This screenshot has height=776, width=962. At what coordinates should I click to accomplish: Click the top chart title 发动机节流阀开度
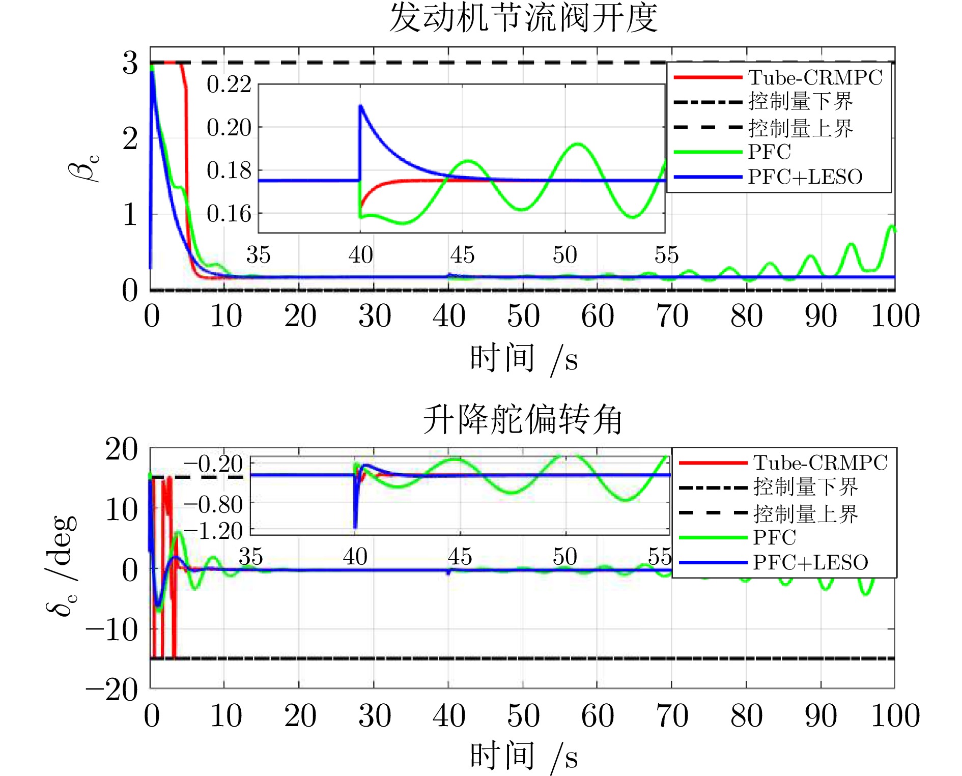[x=523, y=18]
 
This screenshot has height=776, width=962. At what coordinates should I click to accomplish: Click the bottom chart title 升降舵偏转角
[x=523, y=420]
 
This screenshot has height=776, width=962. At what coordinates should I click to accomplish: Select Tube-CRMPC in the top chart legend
[x=814, y=77]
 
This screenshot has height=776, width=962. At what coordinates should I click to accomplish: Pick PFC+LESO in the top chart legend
[x=805, y=177]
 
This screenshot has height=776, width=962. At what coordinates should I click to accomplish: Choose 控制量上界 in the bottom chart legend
[x=806, y=513]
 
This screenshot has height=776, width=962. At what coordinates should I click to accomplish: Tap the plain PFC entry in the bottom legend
[x=774, y=537]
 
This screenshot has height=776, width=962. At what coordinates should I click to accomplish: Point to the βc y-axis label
[x=84, y=168]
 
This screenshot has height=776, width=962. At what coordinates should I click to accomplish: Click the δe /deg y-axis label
[x=61, y=565]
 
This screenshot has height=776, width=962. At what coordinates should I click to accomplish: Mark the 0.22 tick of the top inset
[x=229, y=84]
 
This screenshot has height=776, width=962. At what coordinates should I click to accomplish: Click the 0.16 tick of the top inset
[x=229, y=214]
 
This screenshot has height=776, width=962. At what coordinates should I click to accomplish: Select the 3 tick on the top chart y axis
[x=130, y=63]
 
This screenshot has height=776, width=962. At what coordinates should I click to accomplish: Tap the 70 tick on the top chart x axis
[x=672, y=315]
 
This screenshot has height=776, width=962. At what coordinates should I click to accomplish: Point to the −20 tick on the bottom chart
[x=112, y=689]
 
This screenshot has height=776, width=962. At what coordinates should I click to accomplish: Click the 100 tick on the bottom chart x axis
[x=895, y=715]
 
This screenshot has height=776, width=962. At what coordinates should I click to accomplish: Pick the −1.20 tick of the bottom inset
[x=214, y=531]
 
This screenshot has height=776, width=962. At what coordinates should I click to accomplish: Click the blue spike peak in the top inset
[x=360, y=106]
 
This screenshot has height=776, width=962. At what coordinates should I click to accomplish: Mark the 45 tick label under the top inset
[x=462, y=254]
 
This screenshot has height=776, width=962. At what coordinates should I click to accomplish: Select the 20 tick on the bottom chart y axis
[x=121, y=449]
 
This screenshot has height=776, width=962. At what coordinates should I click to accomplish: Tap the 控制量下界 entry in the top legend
[x=800, y=102]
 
